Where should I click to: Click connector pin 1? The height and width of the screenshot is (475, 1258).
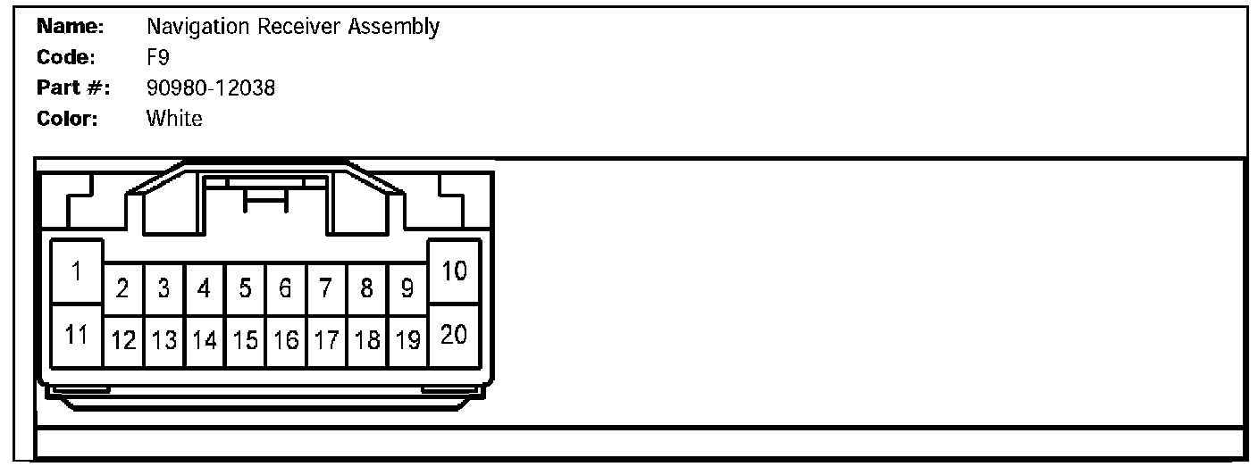77,271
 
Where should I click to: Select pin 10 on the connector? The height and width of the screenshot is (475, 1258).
455,271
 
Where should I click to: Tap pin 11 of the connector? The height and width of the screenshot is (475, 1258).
77,336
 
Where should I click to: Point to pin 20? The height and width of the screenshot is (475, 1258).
455,336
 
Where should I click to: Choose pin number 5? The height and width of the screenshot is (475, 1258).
245,289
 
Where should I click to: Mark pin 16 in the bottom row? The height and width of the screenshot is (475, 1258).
286,340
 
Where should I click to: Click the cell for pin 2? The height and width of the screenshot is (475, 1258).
123,289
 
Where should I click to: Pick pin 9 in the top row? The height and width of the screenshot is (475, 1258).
407,289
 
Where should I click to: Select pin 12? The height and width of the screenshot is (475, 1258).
123,340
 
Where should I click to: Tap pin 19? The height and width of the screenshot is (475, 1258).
407,340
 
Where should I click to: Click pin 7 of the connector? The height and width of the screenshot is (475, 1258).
326,289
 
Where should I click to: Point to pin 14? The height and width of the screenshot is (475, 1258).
205,340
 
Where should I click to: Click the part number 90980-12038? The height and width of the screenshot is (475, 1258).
210,87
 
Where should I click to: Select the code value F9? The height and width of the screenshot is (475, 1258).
158,57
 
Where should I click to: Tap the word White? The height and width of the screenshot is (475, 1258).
174,118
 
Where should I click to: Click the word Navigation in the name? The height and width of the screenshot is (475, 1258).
197,27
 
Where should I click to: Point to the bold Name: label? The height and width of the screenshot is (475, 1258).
71,27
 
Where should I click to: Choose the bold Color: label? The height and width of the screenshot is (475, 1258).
67,118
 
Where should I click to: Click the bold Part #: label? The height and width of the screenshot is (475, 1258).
72,87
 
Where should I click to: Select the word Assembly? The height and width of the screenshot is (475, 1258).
396,28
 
